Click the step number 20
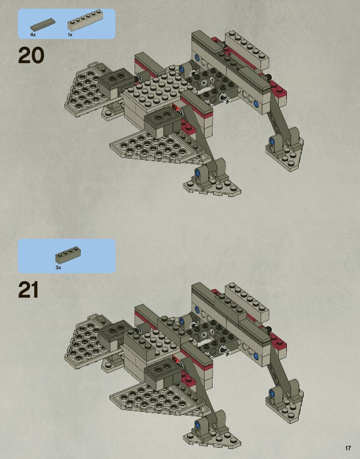click(31, 56)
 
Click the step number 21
click(28, 290)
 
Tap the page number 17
click(348, 448)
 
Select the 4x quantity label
click(33, 35)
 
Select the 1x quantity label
click(70, 35)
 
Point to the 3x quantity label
click(58, 268)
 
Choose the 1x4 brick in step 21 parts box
click(68, 256)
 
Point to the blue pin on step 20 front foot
click(197, 172)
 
